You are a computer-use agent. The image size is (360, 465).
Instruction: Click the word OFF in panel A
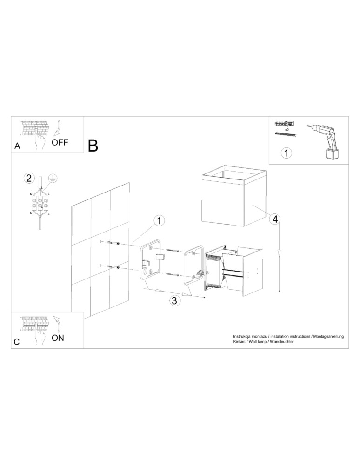pyautogui.click(x=60, y=143)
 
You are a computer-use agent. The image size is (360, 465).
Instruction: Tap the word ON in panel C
pyautogui.click(x=58, y=338)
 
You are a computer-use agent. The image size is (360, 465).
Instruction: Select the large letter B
pyautogui.click(x=93, y=146)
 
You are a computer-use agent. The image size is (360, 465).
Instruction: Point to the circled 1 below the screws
pyautogui.click(x=287, y=152)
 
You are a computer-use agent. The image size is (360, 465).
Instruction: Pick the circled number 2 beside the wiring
pyautogui.click(x=29, y=178)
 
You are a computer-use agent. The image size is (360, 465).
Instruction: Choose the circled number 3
pyautogui.click(x=174, y=300)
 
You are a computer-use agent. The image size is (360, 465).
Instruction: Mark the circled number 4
pyautogui.click(x=275, y=219)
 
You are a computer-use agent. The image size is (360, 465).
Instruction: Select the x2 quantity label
pyautogui.click(x=287, y=129)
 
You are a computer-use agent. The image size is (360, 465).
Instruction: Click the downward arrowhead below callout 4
pyautogui.click(x=279, y=253)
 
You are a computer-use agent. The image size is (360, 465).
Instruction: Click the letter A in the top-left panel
pyautogui.click(x=17, y=146)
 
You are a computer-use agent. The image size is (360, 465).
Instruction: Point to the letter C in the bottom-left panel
pyautogui.click(x=17, y=342)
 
